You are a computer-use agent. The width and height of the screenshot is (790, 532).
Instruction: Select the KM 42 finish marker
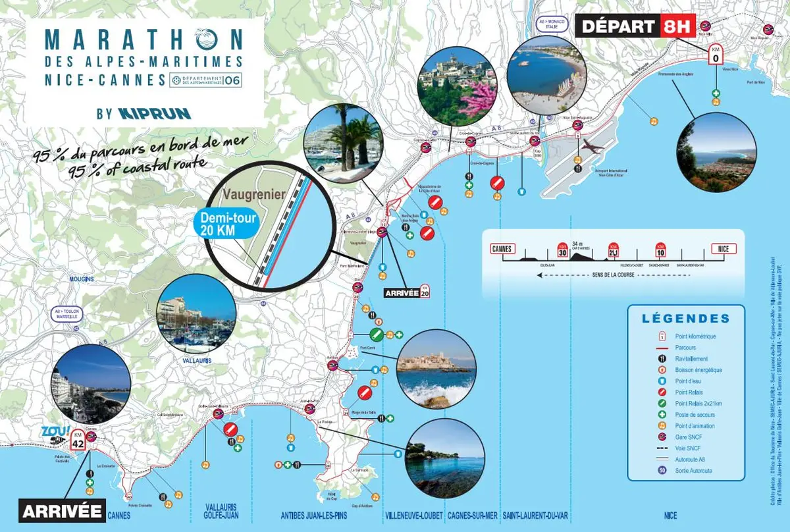click(78, 440)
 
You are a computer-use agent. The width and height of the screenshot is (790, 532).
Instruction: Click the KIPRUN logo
click(154, 113)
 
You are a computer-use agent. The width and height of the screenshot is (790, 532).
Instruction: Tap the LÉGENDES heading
click(686, 319)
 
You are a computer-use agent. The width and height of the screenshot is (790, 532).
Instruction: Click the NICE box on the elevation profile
click(724, 249)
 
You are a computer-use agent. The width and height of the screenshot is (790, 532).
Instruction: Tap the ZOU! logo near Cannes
click(49, 431)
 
